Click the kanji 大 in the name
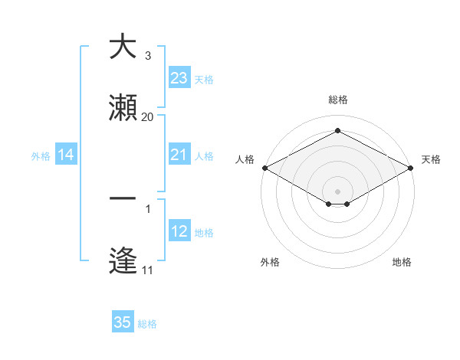(123, 47)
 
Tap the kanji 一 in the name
(123, 198)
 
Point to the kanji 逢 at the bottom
(123, 260)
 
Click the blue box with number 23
(179, 79)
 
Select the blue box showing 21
(179, 155)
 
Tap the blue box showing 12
(179, 231)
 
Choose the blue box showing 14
(66, 155)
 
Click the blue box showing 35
(123, 322)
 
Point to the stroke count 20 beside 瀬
(147, 117)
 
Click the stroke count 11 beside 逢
(147, 270)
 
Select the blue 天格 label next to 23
(203, 80)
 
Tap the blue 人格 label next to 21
(203, 156)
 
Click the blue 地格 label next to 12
(203, 232)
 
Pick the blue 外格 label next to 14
(41, 156)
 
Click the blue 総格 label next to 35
(147, 324)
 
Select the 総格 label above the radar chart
(337, 100)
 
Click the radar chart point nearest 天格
(412, 168)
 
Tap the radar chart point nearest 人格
(264, 168)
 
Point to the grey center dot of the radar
(337, 191)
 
